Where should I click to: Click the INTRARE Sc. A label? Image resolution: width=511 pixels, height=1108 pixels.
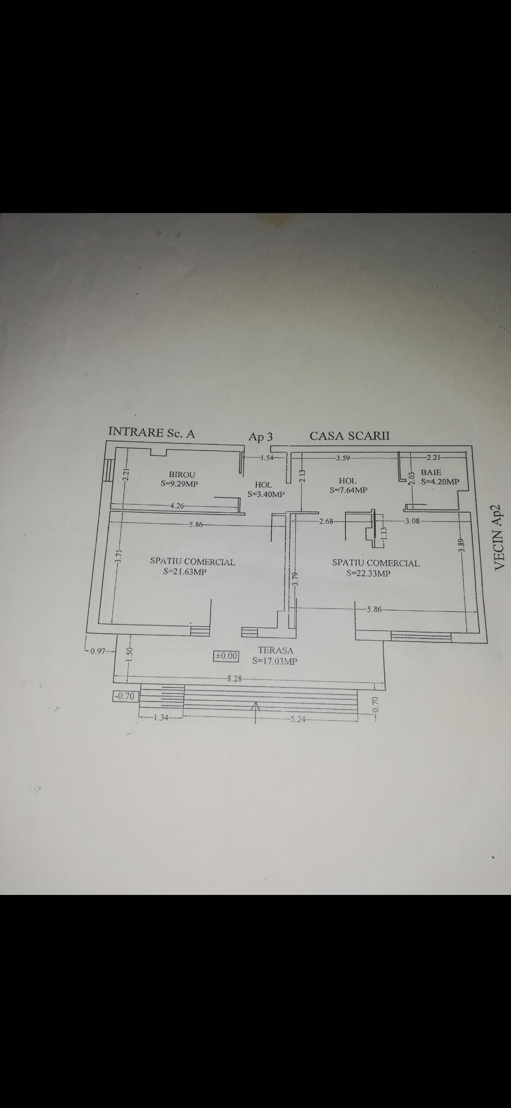tap(151, 432)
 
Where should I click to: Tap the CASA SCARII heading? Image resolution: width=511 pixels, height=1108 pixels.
tap(350, 436)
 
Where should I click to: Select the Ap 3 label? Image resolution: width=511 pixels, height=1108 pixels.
tap(261, 437)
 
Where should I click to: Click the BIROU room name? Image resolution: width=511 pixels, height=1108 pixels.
tap(182, 474)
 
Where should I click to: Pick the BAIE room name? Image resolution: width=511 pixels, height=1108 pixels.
tap(431, 472)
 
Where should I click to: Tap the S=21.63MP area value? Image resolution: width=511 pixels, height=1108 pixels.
tap(185, 572)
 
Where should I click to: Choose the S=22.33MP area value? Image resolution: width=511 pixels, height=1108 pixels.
tap(369, 573)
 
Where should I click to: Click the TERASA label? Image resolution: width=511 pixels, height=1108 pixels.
tap(275, 651)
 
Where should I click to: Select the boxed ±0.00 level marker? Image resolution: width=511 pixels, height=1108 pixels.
tap(227, 656)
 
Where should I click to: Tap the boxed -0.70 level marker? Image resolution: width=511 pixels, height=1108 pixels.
tap(124, 696)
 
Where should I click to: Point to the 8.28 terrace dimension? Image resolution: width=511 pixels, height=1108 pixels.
tap(235, 679)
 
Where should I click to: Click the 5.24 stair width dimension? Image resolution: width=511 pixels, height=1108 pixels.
tap(298, 719)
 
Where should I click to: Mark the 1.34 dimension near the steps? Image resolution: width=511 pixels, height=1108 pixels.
tap(161, 717)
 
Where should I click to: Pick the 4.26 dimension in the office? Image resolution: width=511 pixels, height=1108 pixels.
tap(177, 506)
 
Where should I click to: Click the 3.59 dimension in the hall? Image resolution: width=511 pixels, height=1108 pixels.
tap(343, 458)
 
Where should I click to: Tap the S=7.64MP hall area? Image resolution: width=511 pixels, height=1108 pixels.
tap(348, 490)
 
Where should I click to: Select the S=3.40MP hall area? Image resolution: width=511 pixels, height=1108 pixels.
tap(266, 494)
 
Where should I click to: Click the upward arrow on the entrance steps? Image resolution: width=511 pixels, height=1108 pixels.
tap(256, 713)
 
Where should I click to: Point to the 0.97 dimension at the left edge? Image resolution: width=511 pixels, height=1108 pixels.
tap(98, 651)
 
